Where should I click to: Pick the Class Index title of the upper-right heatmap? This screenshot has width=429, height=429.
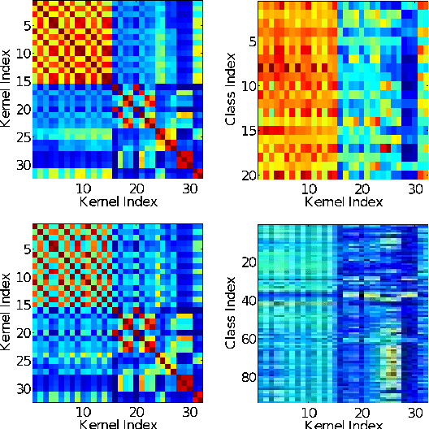click(x=232, y=89)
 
